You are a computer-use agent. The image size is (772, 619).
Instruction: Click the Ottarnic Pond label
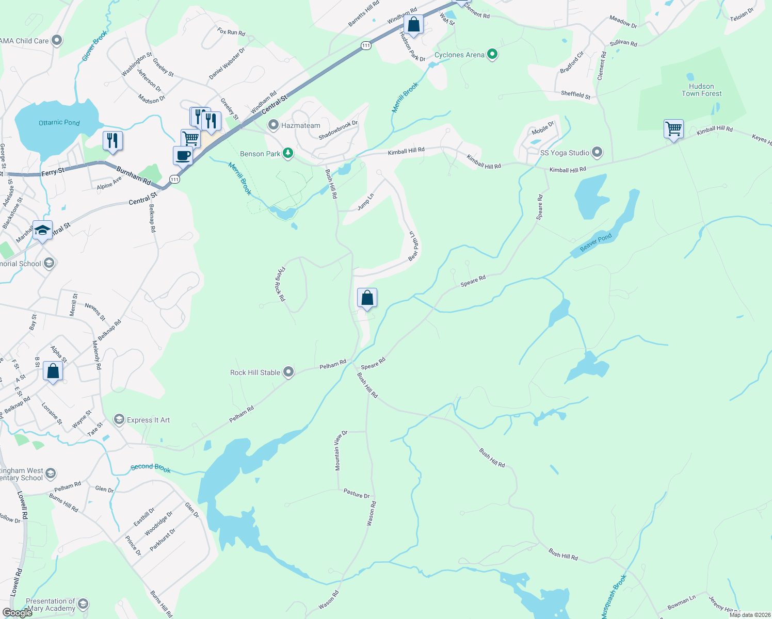tap(59, 123)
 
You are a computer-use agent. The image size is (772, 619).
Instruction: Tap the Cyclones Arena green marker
tap(492, 54)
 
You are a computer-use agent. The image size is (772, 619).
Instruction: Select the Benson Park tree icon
tap(288, 153)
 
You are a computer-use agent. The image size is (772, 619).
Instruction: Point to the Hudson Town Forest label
tap(701, 90)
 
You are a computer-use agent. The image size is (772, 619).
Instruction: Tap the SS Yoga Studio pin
tap(597, 152)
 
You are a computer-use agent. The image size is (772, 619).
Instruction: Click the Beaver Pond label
tap(596, 242)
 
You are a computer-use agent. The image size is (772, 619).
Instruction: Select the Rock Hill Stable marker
tap(288, 372)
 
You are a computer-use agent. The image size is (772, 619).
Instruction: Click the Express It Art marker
tap(119, 419)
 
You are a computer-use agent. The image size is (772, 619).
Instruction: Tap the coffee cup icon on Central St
tap(183, 155)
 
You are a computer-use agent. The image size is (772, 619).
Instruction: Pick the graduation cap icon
tap(42, 230)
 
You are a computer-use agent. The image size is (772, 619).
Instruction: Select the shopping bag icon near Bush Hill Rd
tap(367, 298)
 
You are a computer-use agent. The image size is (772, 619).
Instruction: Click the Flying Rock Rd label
tap(281, 284)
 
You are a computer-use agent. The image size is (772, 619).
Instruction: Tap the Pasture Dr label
tap(357, 494)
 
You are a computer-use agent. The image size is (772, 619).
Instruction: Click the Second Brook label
tap(151, 468)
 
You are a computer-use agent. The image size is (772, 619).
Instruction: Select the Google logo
tap(17, 612)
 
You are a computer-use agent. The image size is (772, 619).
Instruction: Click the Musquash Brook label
tap(614, 597)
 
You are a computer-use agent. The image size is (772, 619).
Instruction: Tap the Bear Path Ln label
tap(414, 246)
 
